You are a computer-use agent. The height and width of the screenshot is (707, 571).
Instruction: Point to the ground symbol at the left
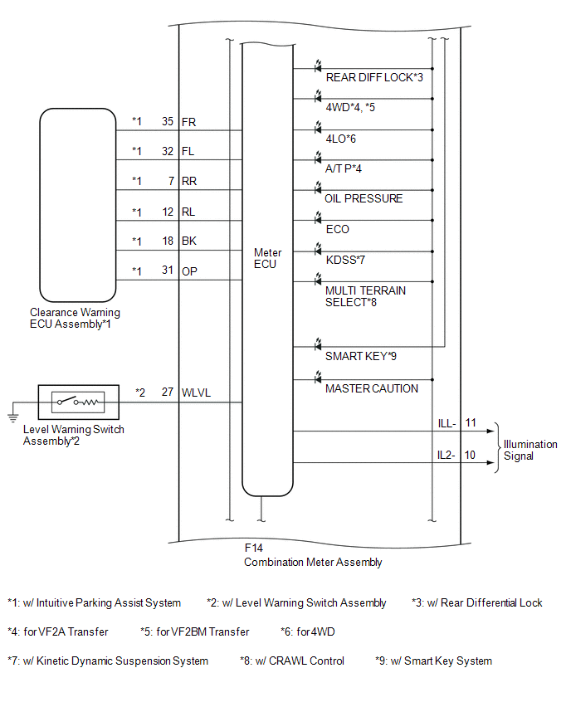point(13,417)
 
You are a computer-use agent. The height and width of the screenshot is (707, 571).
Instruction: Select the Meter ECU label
point(267,258)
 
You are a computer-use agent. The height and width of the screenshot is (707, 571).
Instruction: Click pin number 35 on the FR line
point(168,122)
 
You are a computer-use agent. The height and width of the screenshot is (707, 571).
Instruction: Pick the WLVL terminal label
point(196,393)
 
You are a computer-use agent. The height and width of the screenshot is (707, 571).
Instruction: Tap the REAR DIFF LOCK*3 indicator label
point(374,77)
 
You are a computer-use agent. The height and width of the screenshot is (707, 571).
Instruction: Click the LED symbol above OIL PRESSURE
point(318,187)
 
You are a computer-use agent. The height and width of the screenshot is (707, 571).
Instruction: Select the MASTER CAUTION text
point(372,388)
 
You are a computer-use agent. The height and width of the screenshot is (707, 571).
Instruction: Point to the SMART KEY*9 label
point(361,356)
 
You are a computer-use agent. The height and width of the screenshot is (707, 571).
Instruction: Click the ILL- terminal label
point(447,424)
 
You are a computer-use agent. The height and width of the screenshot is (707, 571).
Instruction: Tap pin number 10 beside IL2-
point(470,455)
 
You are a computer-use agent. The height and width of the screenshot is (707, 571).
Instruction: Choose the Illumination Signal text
point(530,450)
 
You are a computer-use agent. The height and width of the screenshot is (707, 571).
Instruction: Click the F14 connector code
point(253,548)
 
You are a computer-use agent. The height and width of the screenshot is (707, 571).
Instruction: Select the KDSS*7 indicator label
point(345,261)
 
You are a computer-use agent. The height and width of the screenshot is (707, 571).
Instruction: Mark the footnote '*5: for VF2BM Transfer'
point(195,631)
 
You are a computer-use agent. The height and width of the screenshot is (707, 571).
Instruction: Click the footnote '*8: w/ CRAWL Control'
point(292,661)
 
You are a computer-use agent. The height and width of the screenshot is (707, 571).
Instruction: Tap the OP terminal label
point(189,271)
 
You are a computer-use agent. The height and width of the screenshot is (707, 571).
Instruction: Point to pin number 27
point(168,393)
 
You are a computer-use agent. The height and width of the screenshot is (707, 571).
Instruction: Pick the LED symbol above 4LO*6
point(318,126)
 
